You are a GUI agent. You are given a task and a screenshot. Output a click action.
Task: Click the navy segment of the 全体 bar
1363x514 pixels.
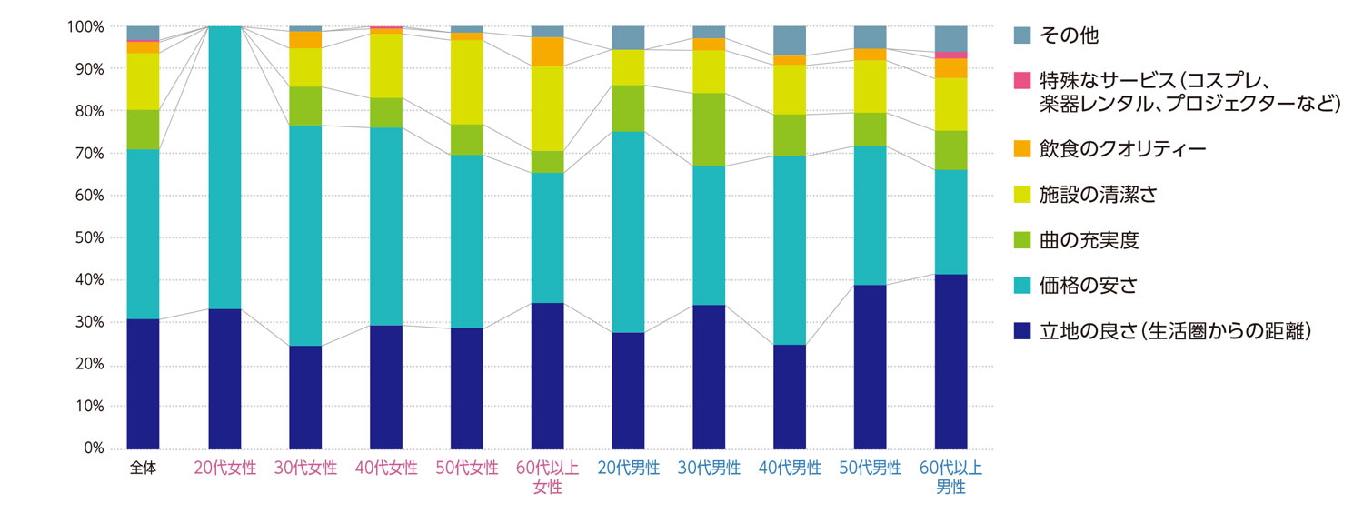pyautogui.click(x=143, y=383)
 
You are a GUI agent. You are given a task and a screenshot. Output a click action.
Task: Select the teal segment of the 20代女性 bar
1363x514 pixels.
pyautogui.click(x=224, y=168)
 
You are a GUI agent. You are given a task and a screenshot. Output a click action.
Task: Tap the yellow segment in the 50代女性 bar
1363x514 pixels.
pyautogui.click(x=466, y=82)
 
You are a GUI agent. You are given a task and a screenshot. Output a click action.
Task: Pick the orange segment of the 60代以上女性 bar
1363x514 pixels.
pyautogui.click(x=547, y=52)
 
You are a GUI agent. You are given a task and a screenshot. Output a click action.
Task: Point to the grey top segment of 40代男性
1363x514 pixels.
pyautogui.click(x=790, y=41)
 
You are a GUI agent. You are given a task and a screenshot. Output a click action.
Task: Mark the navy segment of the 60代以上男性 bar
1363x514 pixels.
pyautogui.click(x=951, y=361)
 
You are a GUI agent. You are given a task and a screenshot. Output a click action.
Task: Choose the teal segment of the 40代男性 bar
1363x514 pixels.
pyautogui.click(x=790, y=250)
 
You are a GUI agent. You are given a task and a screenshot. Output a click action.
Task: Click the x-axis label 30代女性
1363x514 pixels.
pyautogui.click(x=305, y=469)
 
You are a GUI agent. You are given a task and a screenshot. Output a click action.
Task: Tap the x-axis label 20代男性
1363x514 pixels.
pyautogui.click(x=628, y=469)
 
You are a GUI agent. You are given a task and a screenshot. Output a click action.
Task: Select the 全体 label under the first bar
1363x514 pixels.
pyautogui.click(x=143, y=469)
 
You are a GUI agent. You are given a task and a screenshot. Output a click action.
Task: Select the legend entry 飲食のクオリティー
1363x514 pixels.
pyautogui.click(x=1122, y=148)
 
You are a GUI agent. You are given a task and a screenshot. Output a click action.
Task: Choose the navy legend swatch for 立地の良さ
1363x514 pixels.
pyautogui.click(x=1022, y=332)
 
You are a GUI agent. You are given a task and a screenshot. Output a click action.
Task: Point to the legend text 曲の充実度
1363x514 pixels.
pyautogui.click(x=1089, y=240)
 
